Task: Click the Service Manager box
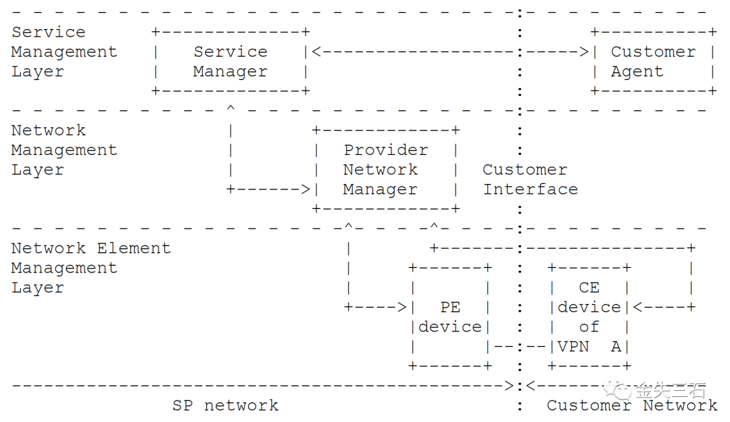pyautogui.click(x=230, y=62)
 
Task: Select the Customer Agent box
pyautogui.click(x=653, y=62)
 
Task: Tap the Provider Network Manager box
pyautogui.click(x=386, y=170)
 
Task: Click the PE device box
pyautogui.click(x=450, y=317)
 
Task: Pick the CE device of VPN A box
pyautogui.click(x=589, y=317)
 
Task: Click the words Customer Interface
pyautogui.click(x=529, y=179)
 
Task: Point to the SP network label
pyautogui.click(x=225, y=406)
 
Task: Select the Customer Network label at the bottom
pyautogui.click(x=632, y=406)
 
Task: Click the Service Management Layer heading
pyautogui.click(x=64, y=52)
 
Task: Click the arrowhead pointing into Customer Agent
pyautogui.click(x=584, y=52)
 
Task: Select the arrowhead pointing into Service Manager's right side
pyautogui.click(x=316, y=52)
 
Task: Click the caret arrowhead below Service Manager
pyautogui.click(x=231, y=108)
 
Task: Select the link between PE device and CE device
pyautogui.click(x=520, y=347)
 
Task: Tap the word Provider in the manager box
pyautogui.click(x=385, y=150)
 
